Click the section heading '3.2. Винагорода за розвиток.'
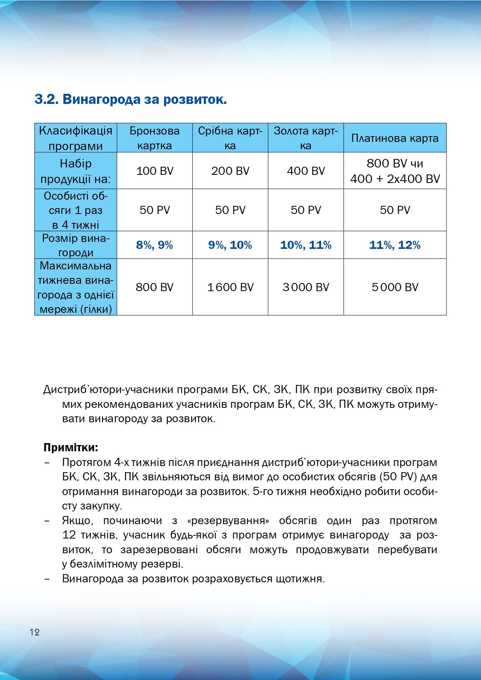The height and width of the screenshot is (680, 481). tap(131, 99)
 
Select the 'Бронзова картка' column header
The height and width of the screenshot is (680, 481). tap(154, 138)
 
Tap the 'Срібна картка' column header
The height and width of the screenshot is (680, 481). tap(230, 138)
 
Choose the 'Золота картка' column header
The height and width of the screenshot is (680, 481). tap(305, 138)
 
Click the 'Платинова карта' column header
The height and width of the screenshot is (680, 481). tap(395, 138)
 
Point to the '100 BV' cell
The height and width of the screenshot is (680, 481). tap(155, 171)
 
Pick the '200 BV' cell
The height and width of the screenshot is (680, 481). tap(230, 171)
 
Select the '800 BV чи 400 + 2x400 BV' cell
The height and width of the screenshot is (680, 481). tap(395, 171)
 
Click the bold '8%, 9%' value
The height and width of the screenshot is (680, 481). tap(154, 245)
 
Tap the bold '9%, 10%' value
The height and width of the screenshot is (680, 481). tap(230, 245)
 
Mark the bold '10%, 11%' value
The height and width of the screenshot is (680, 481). tap(305, 245)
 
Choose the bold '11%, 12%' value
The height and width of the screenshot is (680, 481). tap(395, 245)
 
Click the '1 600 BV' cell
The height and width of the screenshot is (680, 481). tap(230, 287)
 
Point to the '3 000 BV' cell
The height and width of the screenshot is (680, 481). tap(305, 287)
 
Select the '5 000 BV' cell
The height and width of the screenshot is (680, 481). tap(395, 287)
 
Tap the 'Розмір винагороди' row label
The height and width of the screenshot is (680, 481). tap(76, 245)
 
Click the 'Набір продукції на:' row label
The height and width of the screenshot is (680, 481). tap(76, 171)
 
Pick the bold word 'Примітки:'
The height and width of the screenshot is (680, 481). tap(71, 447)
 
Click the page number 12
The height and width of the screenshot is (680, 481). tap(34, 632)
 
